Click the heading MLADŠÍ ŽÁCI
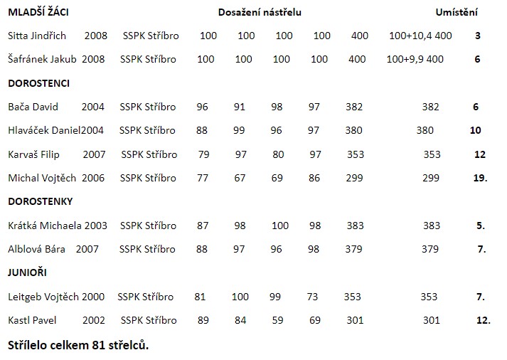click(38, 12)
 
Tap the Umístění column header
click(456, 12)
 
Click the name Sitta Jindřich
click(37, 36)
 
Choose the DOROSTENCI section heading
click(38, 83)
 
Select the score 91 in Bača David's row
click(240, 107)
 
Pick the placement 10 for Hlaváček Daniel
click(475, 130)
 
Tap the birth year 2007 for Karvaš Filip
click(94, 154)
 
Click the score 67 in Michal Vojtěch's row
click(240, 177)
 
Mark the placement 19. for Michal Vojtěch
click(480, 177)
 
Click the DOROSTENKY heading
click(41, 201)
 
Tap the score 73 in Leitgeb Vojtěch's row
click(312, 297)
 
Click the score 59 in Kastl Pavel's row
click(277, 320)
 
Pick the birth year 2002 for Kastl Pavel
click(94, 320)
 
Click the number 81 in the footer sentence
click(100, 345)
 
